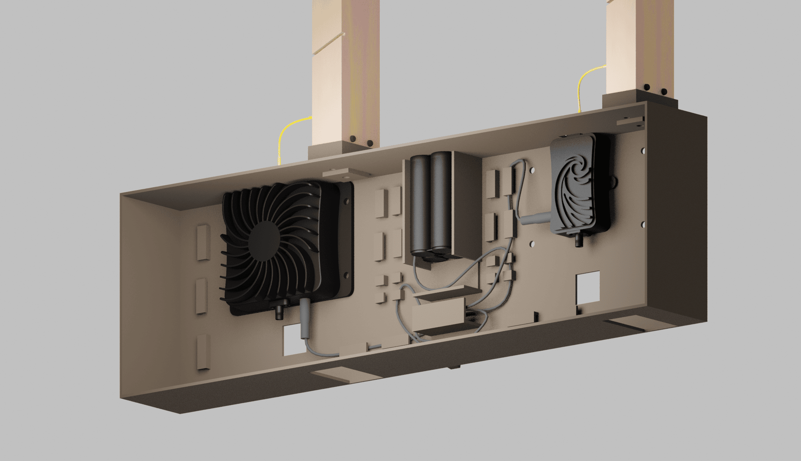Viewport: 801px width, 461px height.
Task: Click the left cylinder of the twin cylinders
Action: (x=419, y=203)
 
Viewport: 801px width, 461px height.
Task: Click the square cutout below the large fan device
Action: (x=294, y=341)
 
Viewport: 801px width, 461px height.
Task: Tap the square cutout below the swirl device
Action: (x=588, y=286)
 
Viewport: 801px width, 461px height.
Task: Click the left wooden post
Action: (x=345, y=72)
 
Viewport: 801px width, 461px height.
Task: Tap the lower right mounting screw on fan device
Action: (x=346, y=275)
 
